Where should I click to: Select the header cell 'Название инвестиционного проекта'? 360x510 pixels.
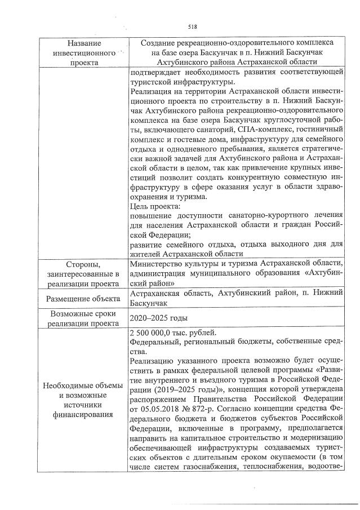84,53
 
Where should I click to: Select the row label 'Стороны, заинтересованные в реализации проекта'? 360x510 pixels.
84,274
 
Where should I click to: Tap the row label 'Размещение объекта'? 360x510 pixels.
84,299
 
